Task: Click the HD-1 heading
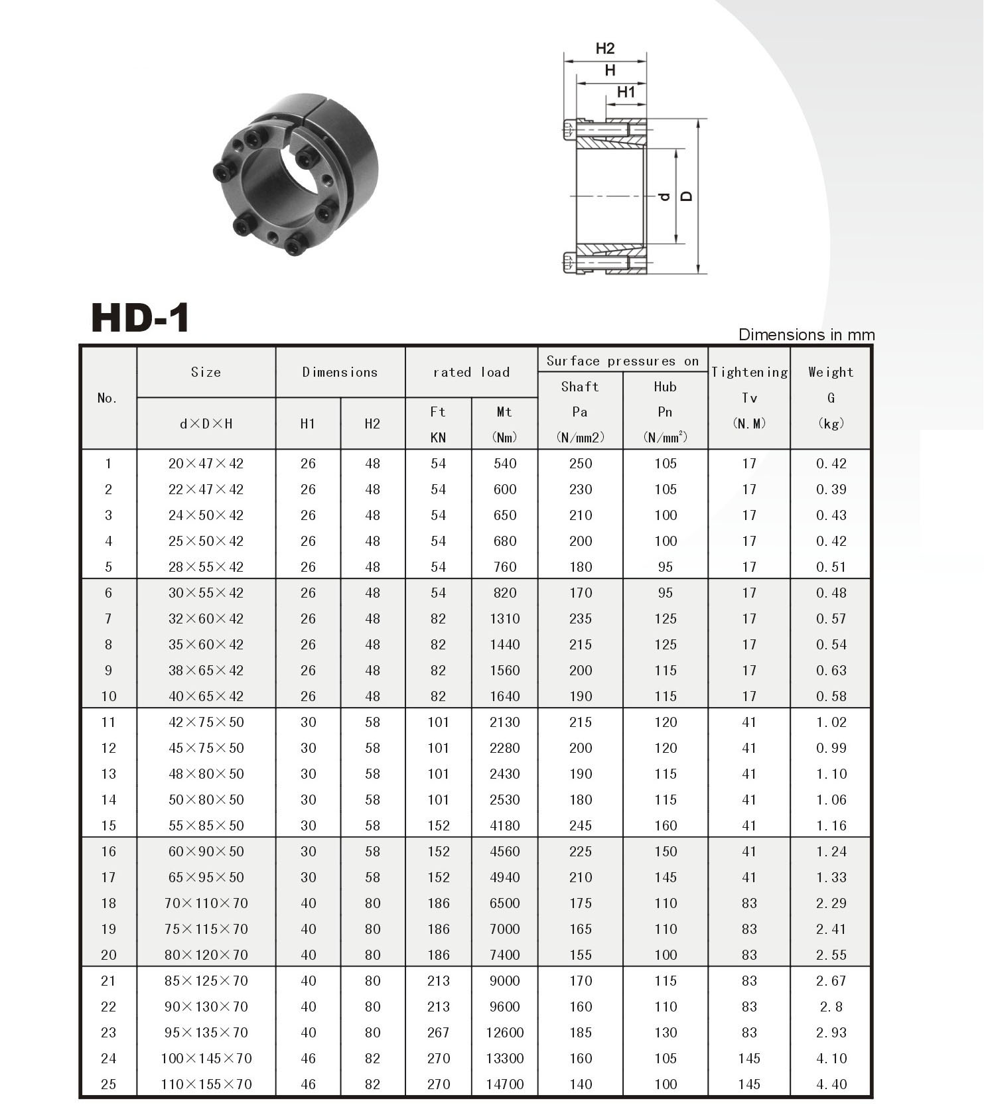[x=141, y=318]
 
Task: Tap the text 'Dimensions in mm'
[x=806, y=334]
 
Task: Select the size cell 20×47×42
[x=206, y=464]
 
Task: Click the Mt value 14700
[x=504, y=1084]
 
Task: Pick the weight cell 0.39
[x=831, y=489]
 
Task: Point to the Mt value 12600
[x=504, y=1032]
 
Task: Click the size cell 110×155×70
[x=206, y=1084]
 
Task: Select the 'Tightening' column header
[x=749, y=372]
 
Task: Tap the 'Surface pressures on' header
[x=622, y=361]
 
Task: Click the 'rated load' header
[x=471, y=372]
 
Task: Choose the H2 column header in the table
[x=372, y=424]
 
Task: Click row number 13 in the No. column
[x=108, y=774]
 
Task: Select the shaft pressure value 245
[x=580, y=826]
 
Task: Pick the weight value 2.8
[x=831, y=1006]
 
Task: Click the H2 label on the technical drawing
[x=604, y=48]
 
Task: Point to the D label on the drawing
[x=687, y=196]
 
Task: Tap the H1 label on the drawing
[x=626, y=92]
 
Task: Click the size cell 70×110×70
[x=206, y=903]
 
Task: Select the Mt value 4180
[x=504, y=826]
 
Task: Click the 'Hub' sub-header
[x=665, y=387]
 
